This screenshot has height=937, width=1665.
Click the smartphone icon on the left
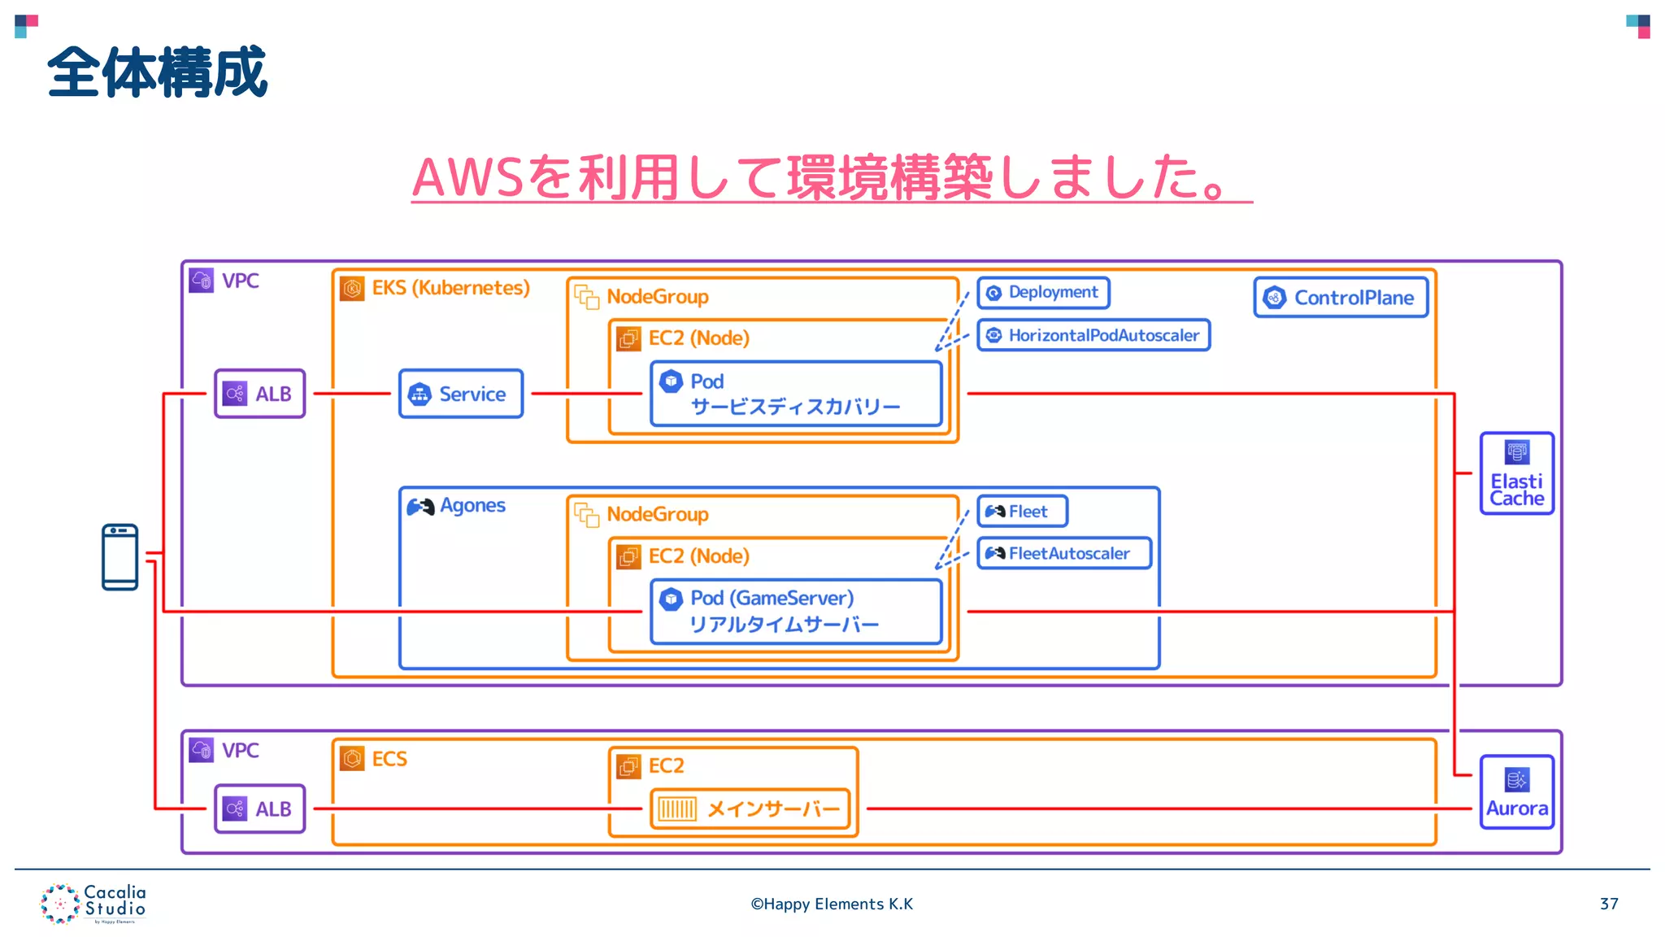coord(120,557)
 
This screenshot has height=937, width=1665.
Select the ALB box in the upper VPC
coord(259,394)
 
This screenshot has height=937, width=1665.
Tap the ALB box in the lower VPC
coord(259,808)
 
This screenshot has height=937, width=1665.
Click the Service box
coord(460,394)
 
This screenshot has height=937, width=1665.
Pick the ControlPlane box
coord(1341,298)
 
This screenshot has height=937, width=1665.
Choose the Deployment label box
coord(1043,293)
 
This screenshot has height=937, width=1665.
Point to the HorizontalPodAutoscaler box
coord(1093,335)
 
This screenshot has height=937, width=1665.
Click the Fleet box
coord(1022,512)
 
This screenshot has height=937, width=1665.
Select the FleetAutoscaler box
coord(1064,553)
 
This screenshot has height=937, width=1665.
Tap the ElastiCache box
coord(1516,473)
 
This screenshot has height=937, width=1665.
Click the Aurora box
coord(1516,792)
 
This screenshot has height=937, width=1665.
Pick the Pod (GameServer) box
coord(796,612)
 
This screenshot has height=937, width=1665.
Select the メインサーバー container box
coord(750,808)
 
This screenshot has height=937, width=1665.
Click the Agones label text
coord(472,506)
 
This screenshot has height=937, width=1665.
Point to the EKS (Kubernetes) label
coord(450,288)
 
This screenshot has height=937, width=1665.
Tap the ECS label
coord(389,759)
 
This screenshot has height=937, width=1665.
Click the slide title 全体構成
coord(157,72)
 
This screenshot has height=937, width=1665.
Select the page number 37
coord(1608,904)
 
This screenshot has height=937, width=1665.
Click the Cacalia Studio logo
coord(93,904)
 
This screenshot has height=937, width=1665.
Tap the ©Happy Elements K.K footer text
coord(832,904)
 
